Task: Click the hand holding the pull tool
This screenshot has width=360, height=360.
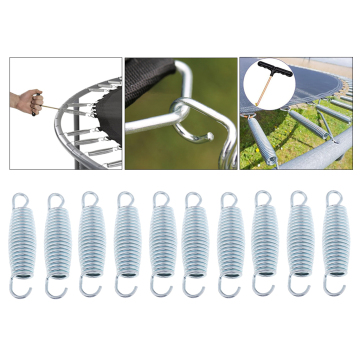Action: pos(26,100)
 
